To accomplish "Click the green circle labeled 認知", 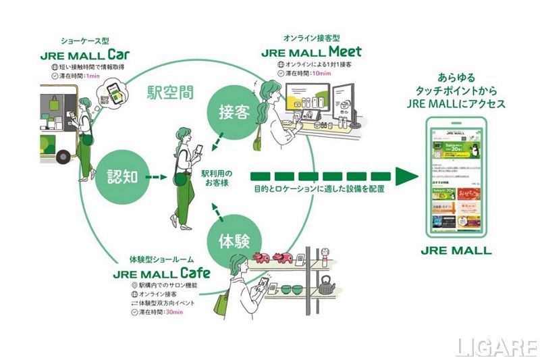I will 122,178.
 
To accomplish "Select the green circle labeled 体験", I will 236,242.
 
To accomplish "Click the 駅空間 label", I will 171,91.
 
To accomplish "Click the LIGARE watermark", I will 496,347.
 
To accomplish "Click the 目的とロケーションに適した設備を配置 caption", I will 319,188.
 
